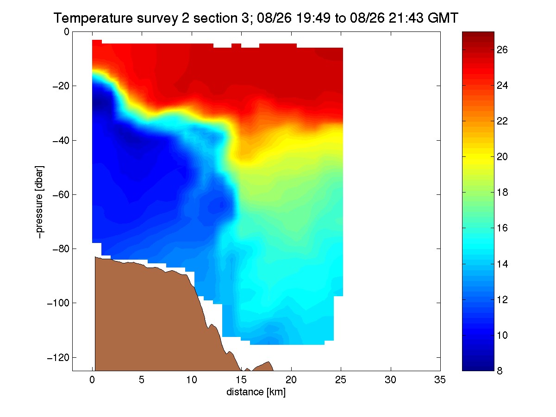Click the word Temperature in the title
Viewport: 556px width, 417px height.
[x=93, y=18]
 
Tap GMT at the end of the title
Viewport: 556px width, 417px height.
[x=443, y=18]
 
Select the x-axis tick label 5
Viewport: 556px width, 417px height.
[x=142, y=380]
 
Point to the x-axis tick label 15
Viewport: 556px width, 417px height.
[x=241, y=380]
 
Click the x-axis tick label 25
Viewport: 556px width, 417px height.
[x=341, y=380]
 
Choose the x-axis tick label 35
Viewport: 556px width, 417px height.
[x=440, y=380]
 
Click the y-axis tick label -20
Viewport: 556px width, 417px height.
[x=61, y=86]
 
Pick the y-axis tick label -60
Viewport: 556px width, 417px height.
[x=61, y=195]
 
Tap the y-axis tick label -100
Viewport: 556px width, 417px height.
[x=58, y=303]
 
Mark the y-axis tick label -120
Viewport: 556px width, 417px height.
[x=58, y=358]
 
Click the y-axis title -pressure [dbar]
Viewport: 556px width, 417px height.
[x=39, y=202]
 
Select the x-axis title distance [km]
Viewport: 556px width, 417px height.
[x=256, y=392]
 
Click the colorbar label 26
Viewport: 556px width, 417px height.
[x=502, y=50]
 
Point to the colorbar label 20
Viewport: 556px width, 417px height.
[x=502, y=157]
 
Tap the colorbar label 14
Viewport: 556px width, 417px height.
[x=502, y=264]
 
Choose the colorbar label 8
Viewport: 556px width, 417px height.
[x=500, y=371]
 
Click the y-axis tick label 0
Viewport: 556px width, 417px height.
[x=66, y=32]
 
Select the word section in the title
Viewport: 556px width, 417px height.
[x=214, y=18]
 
